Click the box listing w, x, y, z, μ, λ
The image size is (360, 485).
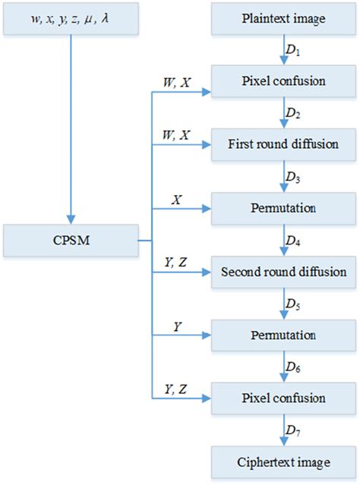(x=71, y=17)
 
